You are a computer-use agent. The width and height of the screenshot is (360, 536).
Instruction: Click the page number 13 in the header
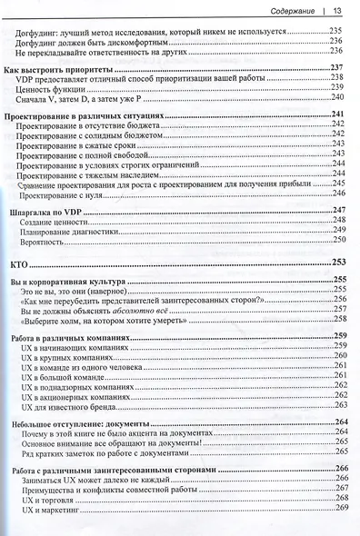point(335,11)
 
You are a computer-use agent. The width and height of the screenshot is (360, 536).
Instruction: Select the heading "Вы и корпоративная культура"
point(66,281)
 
